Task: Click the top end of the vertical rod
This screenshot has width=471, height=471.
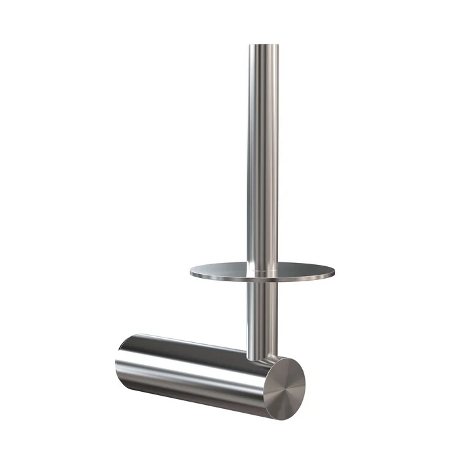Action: tap(263, 46)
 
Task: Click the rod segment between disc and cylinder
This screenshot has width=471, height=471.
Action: tap(262, 314)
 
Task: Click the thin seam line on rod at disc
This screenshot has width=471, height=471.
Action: tap(263, 269)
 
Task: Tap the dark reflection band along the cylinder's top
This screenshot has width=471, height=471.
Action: tap(190, 345)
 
